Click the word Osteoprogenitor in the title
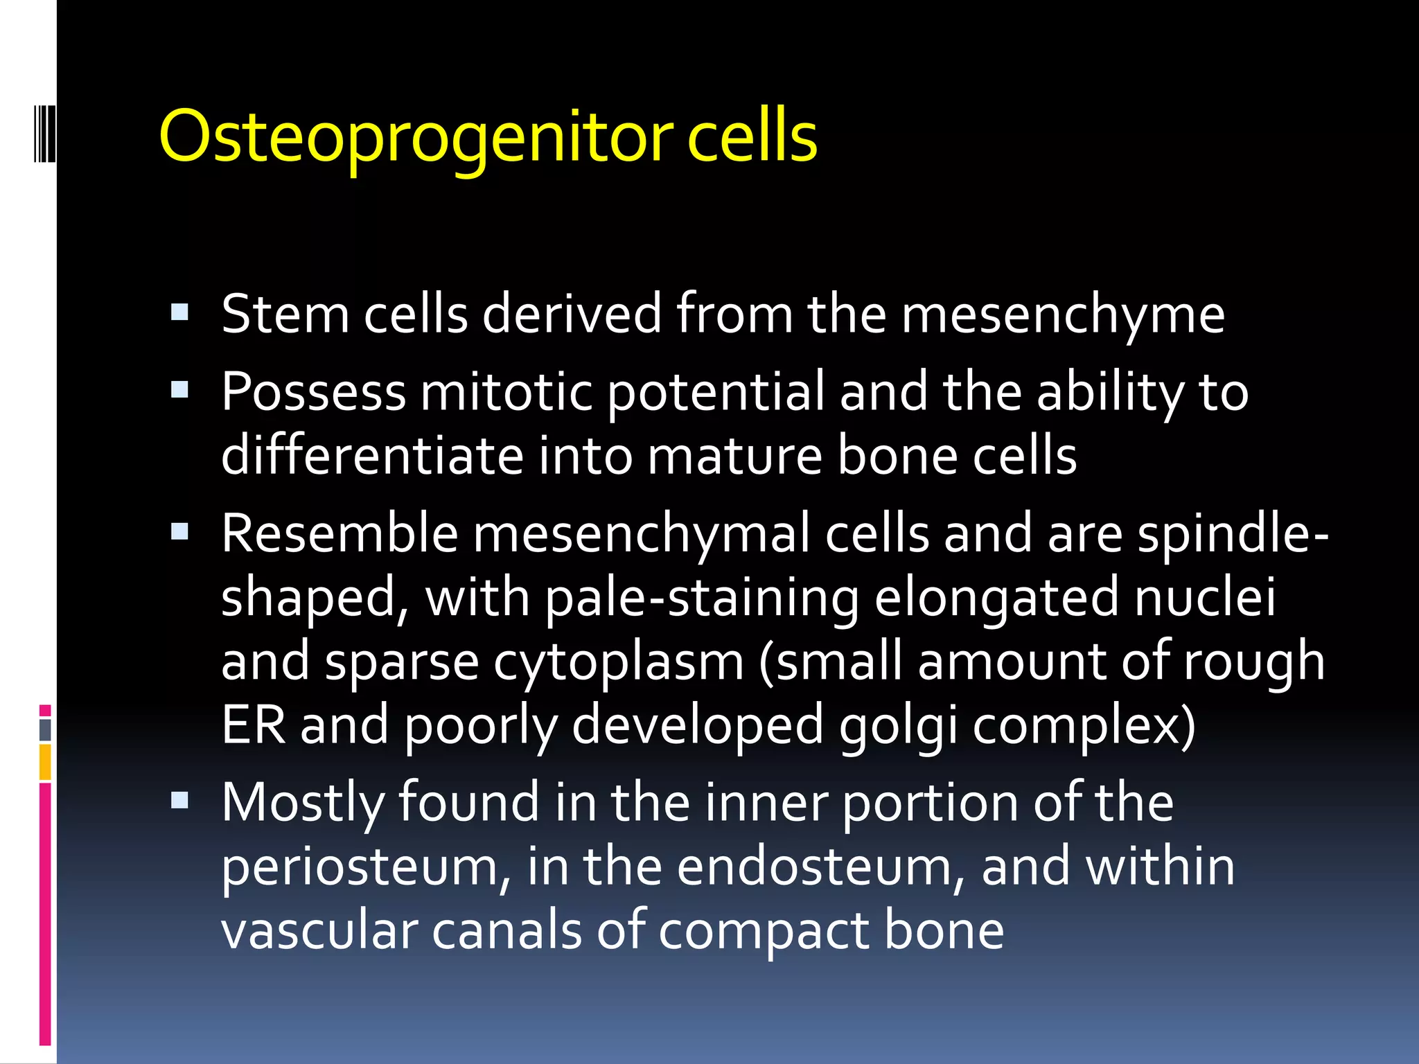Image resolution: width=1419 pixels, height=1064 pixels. (416, 137)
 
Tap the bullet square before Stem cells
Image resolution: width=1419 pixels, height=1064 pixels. (179, 312)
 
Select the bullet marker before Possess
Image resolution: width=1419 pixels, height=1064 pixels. (179, 390)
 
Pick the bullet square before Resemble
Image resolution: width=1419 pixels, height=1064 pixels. (179, 532)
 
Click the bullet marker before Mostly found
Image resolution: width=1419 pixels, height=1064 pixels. (179, 801)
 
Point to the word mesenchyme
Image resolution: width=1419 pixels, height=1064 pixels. (1063, 315)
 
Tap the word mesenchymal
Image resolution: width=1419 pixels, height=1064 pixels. (641, 535)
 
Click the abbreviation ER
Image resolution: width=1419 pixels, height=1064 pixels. (253, 725)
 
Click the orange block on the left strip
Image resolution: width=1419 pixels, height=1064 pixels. (45, 762)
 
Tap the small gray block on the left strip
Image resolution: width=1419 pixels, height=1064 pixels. (45, 730)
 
